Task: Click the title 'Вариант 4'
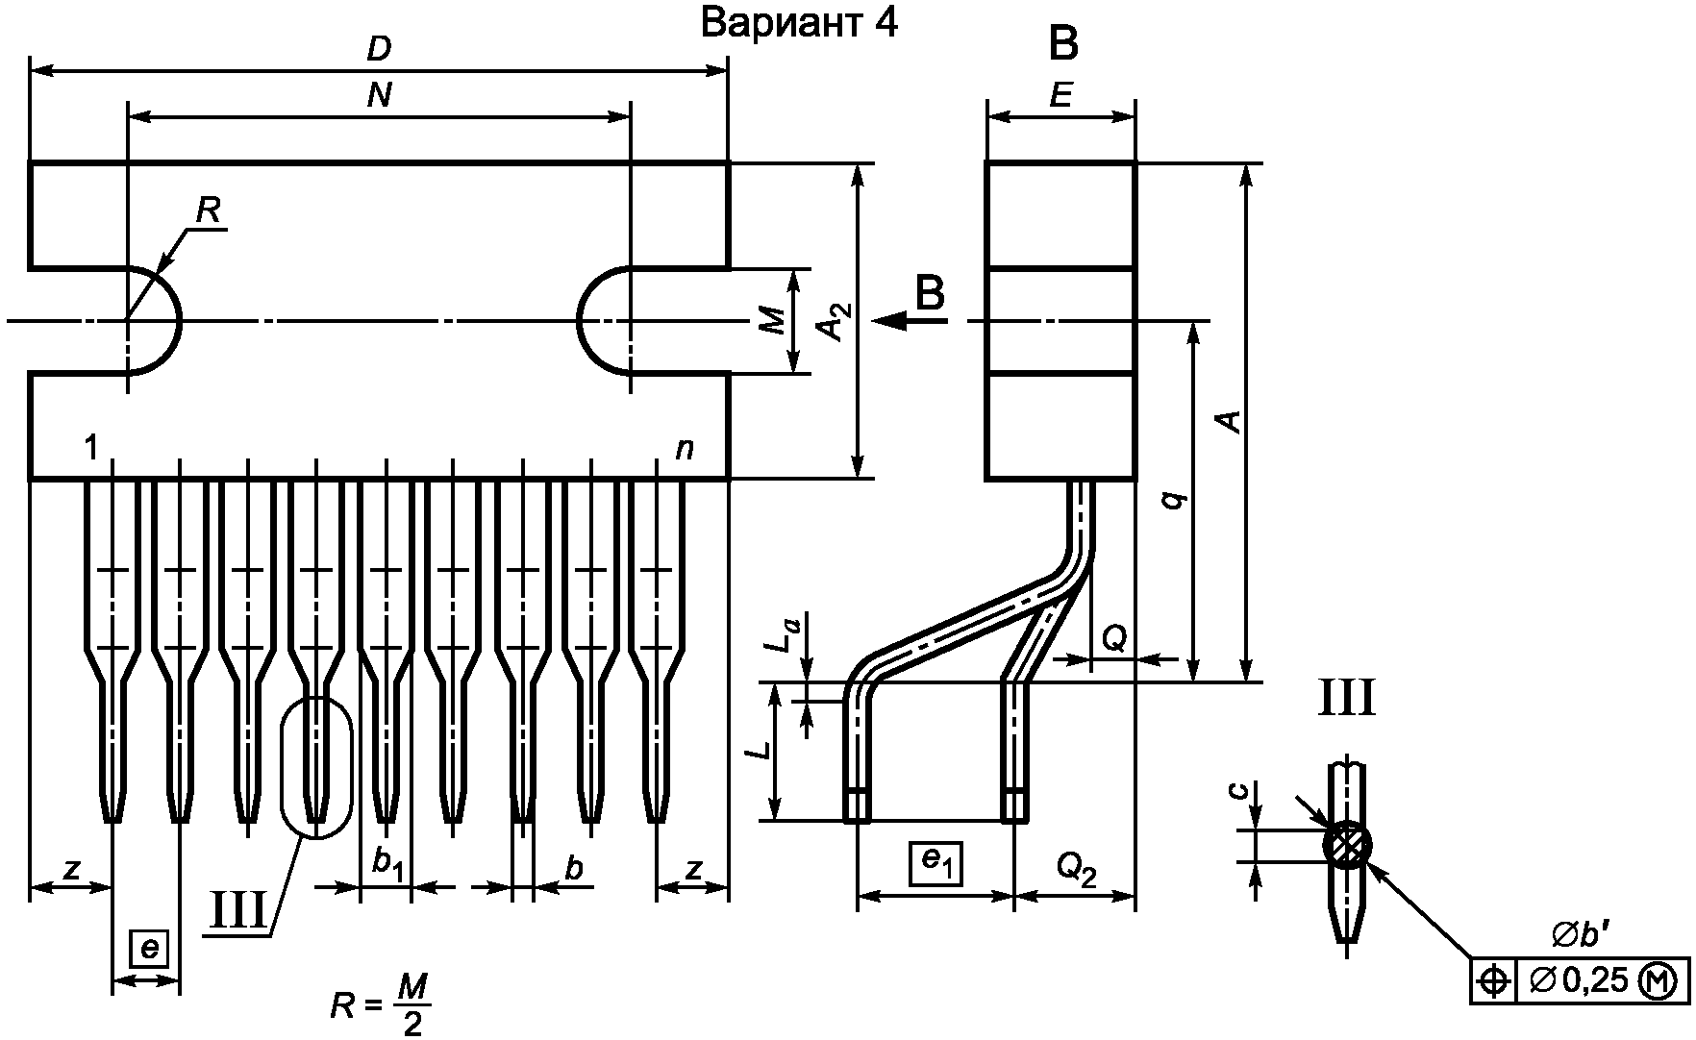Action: click(x=800, y=23)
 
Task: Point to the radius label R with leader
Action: click(x=208, y=211)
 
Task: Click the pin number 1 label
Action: click(x=91, y=447)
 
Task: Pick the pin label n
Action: click(x=685, y=448)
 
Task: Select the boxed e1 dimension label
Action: click(x=936, y=862)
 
